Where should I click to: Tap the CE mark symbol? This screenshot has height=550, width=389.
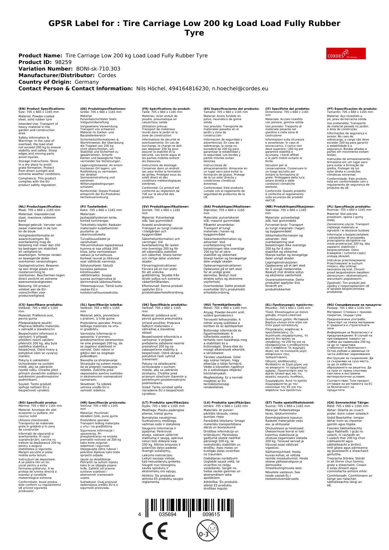coord(155,531)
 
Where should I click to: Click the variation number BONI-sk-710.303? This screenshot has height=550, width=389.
coord(98,69)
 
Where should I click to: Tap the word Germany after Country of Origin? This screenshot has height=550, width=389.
coord(87,82)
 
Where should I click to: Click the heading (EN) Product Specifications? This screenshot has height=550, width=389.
coord(42,109)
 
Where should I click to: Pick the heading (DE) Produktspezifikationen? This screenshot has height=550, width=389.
coord(103,109)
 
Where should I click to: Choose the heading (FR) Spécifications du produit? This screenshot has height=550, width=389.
coord(166,109)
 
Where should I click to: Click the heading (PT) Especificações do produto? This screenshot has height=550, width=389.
coord(352,109)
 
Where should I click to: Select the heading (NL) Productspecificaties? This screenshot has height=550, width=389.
coord(40,207)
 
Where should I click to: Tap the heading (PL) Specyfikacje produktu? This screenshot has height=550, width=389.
coord(349,207)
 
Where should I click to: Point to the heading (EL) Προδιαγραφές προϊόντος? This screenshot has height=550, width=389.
coord(289,304)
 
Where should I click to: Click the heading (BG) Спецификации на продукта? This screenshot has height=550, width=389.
coord(354,304)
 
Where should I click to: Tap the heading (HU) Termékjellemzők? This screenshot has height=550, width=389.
coord(223,304)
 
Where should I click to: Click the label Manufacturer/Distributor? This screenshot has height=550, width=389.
coord(56,75)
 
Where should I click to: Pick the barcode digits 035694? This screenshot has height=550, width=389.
coord(168,515)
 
